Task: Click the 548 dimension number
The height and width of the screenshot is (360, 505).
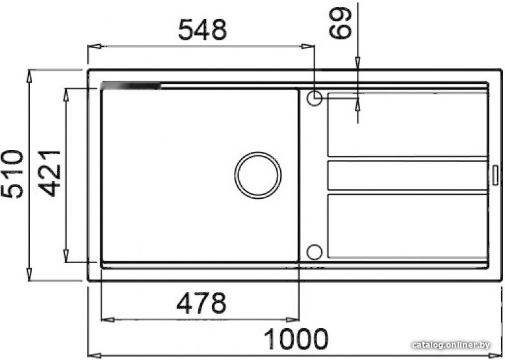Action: coord(203,30)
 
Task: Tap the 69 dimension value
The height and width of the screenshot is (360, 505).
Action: coord(340,23)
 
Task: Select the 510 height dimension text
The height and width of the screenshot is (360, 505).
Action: coord(12,174)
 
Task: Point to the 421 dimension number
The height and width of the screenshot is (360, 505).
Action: coord(49,174)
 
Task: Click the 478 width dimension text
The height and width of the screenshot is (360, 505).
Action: coord(201,303)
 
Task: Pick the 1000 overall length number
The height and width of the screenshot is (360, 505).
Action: coord(296,339)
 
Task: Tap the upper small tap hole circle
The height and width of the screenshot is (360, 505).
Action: coord(315,98)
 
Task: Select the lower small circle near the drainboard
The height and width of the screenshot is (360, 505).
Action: coord(315,252)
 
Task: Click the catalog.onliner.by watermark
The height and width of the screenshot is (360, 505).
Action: coord(451,345)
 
